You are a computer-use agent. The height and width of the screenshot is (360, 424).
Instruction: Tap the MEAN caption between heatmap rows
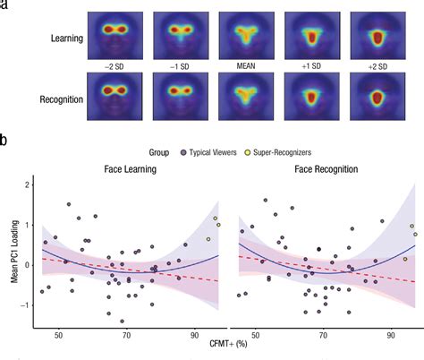click(x=241, y=67)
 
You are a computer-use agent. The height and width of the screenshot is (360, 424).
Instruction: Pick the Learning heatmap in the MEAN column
click(x=241, y=34)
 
